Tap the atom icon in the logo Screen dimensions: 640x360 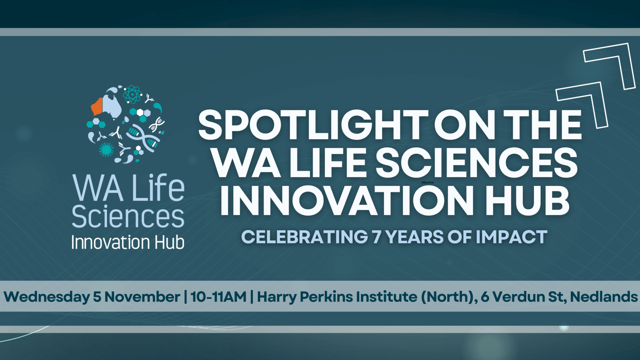[x=132, y=94]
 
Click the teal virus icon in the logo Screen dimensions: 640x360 [x=106, y=149]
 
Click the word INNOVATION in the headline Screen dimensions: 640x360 [x=347, y=201]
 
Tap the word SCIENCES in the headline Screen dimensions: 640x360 [x=477, y=163]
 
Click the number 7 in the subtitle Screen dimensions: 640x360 [x=376, y=237]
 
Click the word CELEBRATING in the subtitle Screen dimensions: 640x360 [x=305, y=237]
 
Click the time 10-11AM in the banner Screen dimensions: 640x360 [x=218, y=297]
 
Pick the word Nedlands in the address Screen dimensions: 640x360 [x=604, y=297]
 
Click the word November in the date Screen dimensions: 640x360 [x=142, y=297]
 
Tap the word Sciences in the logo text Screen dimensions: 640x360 [x=128, y=217]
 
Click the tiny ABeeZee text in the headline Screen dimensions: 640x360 [x=428, y=182]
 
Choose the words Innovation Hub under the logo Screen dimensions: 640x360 [x=128, y=242]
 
